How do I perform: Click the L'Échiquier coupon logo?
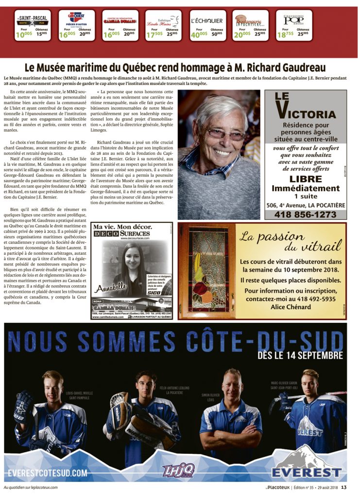[207, 21]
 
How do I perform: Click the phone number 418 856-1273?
[305, 215]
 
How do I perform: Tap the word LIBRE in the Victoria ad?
[305, 179]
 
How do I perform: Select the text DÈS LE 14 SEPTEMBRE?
[300, 356]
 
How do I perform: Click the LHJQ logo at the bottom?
[178, 470]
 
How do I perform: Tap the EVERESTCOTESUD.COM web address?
[48, 472]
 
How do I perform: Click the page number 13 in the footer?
[343, 487]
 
